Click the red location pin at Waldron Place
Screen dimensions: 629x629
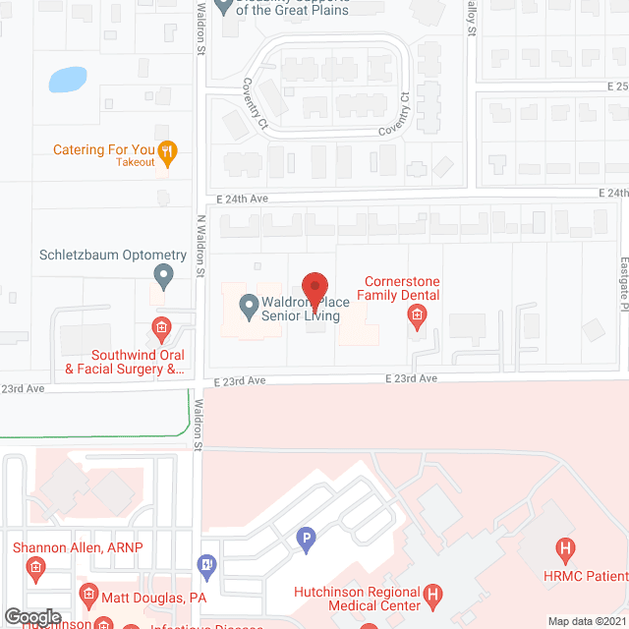pos(313,289)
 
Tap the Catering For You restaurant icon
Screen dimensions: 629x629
pos(167,150)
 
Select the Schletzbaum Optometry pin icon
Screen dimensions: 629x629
pos(164,276)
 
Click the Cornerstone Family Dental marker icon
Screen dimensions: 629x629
pos(417,315)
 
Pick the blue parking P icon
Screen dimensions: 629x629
pos(307,539)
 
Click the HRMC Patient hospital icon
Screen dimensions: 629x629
pos(564,548)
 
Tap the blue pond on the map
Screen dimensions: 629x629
pos(67,79)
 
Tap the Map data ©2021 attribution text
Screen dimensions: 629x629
pos(586,621)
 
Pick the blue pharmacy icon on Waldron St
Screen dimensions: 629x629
pos(206,564)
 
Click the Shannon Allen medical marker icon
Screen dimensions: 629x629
pos(35,567)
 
